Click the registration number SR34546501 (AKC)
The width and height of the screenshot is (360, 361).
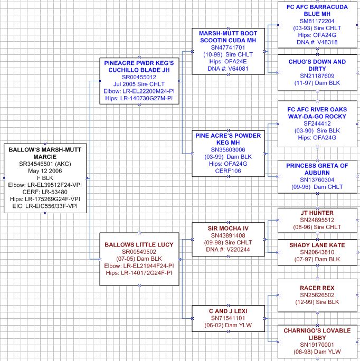pyautogui.click(x=45, y=164)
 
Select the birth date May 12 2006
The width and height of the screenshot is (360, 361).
pyautogui.click(x=45, y=171)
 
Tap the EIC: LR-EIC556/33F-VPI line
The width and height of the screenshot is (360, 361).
pyautogui.click(x=45, y=206)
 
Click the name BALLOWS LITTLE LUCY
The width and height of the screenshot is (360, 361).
pyautogui.click(x=139, y=244)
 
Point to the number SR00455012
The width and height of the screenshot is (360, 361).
pyautogui.click(x=139, y=77)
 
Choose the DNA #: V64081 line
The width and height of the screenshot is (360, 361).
pyautogui.click(x=228, y=69)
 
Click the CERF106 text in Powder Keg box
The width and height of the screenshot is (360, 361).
pyautogui.click(x=228, y=171)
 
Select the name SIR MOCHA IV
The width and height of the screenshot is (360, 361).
pyautogui.click(x=228, y=229)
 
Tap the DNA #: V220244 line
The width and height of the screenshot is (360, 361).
pyautogui.click(x=228, y=249)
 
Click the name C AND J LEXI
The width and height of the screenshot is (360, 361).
pyautogui.click(x=228, y=311)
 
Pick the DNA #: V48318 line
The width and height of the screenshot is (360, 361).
pyautogui.click(x=317, y=42)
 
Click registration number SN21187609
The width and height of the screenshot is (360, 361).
pyautogui.click(x=317, y=76)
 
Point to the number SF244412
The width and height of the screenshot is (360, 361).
pyautogui.click(x=317, y=123)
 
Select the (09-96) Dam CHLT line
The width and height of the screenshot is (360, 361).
pyautogui.click(x=317, y=187)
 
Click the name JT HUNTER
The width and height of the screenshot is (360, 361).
pyautogui.click(x=317, y=213)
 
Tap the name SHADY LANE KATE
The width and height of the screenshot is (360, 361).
pyautogui.click(x=317, y=245)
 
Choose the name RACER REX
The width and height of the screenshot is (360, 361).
pyautogui.click(x=317, y=288)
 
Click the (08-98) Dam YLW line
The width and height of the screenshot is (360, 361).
pyautogui.click(x=317, y=351)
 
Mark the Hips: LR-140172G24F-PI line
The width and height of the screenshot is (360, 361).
pyautogui.click(x=139, y=273)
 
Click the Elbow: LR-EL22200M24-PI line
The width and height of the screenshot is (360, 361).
pyautogui.click(x=139, y=91)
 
